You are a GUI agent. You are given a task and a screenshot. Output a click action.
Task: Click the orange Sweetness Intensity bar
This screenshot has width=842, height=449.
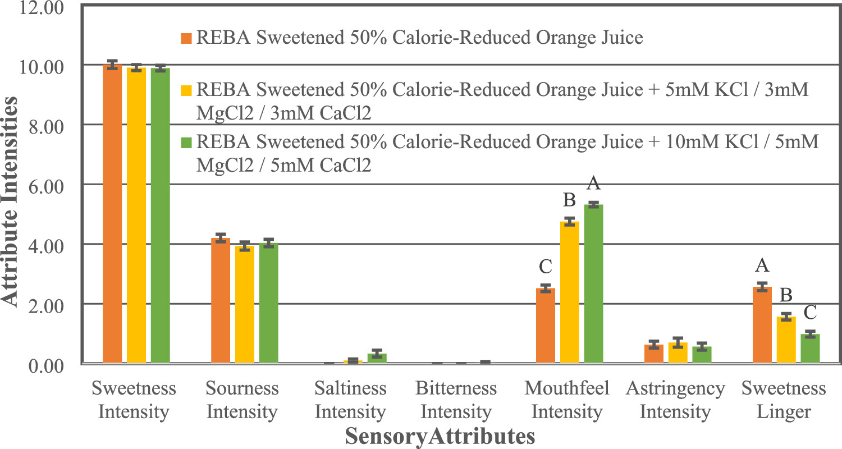pos(112,213)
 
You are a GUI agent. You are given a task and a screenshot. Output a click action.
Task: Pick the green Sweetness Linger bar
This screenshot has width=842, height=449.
pos(810,349)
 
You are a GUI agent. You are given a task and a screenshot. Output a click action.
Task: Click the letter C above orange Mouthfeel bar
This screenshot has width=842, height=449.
pos(545,268)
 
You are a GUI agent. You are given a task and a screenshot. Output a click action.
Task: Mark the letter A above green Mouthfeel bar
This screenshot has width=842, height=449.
pos(594,184)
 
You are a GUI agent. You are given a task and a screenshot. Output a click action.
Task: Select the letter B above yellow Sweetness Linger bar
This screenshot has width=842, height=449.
pos(786,295)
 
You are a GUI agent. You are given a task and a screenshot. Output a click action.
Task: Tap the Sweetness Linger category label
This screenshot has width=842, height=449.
pos(783,400)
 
